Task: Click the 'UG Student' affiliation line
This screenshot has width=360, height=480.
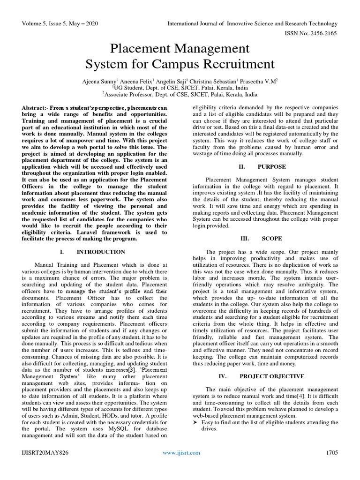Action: (x=180, y=87)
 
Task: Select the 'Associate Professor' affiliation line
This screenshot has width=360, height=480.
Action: (x=180, y=94)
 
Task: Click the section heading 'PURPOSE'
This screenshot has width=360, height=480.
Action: (x=271, y=166)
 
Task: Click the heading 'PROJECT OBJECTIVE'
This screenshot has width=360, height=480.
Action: (x=272, y=376)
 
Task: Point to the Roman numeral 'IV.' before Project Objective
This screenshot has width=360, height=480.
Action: (x=223, y=376)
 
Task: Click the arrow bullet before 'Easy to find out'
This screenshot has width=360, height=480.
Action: (x=196, y=422)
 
